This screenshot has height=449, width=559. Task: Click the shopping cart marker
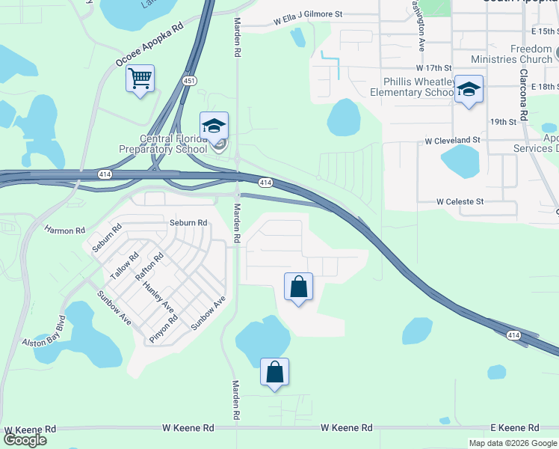coord(140,79)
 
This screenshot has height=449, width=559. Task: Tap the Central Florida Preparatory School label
coord(163,144)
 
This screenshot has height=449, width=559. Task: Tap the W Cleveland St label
coord(452,140)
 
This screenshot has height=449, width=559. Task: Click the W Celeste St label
coord(460,201)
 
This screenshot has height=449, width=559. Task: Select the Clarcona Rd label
coord(524,97)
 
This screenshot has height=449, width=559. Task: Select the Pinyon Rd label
coord(164,329)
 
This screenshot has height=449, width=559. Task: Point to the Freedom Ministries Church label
coord(511,54)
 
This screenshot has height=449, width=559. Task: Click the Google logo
coord(25,440)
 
